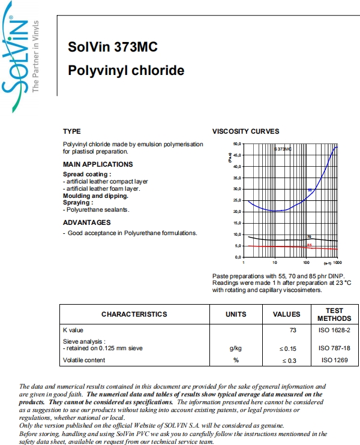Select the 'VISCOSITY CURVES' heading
pos(245,131)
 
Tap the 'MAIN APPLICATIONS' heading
pos(98,164)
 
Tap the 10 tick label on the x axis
pos(274,263)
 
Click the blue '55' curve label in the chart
pos(310,190)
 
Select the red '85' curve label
pos(309,245)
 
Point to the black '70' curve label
pos(308,237)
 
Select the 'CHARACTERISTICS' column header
pos(134,314)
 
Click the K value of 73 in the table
pos(293,330)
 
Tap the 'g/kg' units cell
pos(236,348)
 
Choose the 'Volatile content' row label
pos(84,360)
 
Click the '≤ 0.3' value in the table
pos(289,360)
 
